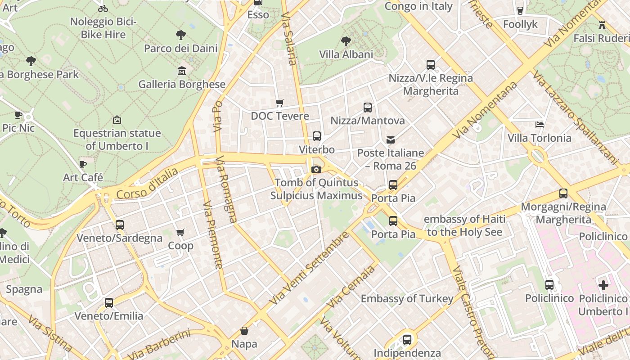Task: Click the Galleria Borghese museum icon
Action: [181, 71]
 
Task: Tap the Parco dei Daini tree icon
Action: [180, 35]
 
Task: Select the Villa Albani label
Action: [346, 54]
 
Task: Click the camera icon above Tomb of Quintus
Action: [316, 169]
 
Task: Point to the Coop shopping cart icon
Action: [180, 233]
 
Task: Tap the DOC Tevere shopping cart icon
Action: [280, 103]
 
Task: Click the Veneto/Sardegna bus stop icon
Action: [120, 225]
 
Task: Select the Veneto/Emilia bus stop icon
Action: [109, 303]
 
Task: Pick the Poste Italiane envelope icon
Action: [391, 140]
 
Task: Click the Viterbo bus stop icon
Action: [317, 136]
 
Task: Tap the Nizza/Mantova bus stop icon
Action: [368, 108]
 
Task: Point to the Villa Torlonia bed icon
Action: [540, 125]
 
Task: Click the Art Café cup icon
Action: [83, 164]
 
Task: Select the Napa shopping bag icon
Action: [244, 331]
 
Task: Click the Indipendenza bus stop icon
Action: [407, 339]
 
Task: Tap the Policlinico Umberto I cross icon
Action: [603, 285]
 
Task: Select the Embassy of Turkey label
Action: [407, 298]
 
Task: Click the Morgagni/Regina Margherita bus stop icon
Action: [563, 193]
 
